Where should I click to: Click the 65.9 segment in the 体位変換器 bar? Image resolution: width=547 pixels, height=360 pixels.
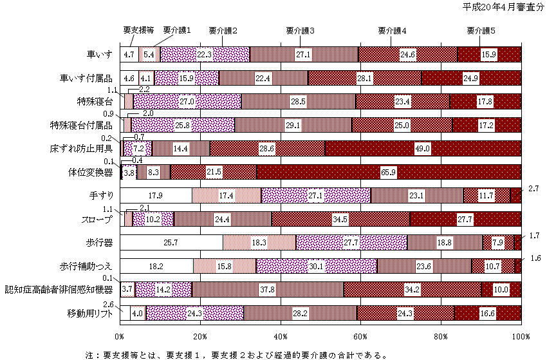pos(388,172)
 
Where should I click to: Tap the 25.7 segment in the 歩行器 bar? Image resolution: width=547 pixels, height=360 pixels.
pos(171,242)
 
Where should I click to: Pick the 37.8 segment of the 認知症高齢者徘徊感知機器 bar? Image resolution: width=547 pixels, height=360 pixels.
pos(268,289)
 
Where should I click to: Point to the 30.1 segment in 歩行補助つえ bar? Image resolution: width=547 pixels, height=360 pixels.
pos(316,266)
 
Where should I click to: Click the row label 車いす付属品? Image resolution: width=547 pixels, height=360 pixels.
pos(86,78)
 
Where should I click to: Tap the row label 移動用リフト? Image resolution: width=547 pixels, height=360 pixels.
pos(89,312)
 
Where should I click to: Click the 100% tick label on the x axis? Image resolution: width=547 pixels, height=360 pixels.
pos(520,336)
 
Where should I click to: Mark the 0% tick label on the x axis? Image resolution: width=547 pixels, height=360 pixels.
pos(120,336)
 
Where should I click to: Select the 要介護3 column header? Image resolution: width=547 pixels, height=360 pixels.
pos(301,30)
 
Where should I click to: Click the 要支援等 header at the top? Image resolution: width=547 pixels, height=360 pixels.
pos(138,30)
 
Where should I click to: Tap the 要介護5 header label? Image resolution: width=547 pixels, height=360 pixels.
pos(481,30)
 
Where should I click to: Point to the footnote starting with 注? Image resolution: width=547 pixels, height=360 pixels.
pos(236,354)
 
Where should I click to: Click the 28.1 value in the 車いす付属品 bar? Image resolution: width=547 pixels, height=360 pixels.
pos(364,78)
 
